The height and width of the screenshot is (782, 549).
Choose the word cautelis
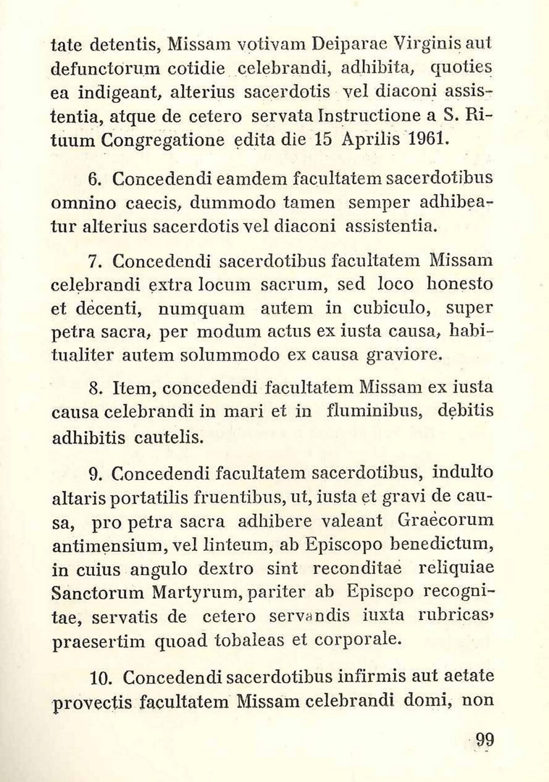point(164,437)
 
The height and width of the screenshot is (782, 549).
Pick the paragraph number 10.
point(97,678)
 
